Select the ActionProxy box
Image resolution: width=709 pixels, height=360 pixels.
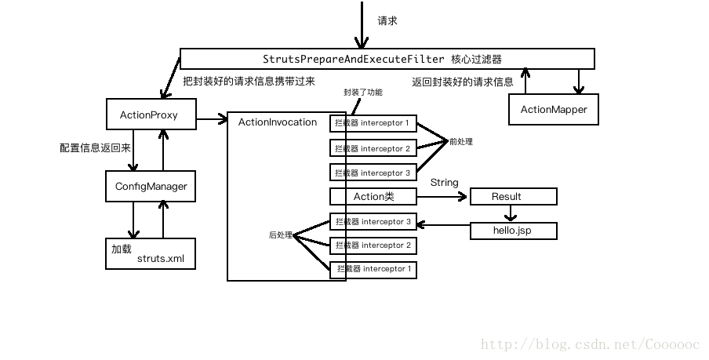[149, 115]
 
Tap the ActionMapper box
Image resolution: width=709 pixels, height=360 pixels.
[553, 110]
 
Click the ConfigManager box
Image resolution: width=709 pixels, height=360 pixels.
[151, 186]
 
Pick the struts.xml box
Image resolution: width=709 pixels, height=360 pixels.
[151, 253]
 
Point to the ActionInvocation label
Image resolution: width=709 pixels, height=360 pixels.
[277, 122]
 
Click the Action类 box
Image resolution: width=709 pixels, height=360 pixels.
[373, 196]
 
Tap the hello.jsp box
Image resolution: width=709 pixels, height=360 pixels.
[513, 231]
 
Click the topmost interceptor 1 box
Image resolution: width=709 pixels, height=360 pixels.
[373, 123]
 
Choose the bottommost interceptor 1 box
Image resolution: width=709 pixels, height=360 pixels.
[373, 270]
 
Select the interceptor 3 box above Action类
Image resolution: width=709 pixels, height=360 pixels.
[373, 173]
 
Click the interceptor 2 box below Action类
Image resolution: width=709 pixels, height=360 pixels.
[373, 245]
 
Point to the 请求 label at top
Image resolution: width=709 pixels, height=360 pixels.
[387, 21]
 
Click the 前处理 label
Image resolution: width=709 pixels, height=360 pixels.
[461, 142]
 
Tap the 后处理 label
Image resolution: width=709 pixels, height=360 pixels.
[280, 235]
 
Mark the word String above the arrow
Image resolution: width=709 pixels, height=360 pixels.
[444, 183]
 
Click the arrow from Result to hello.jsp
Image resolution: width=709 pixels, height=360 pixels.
[511, 213]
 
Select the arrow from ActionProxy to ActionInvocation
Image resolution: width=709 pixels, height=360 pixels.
[209, 120]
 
